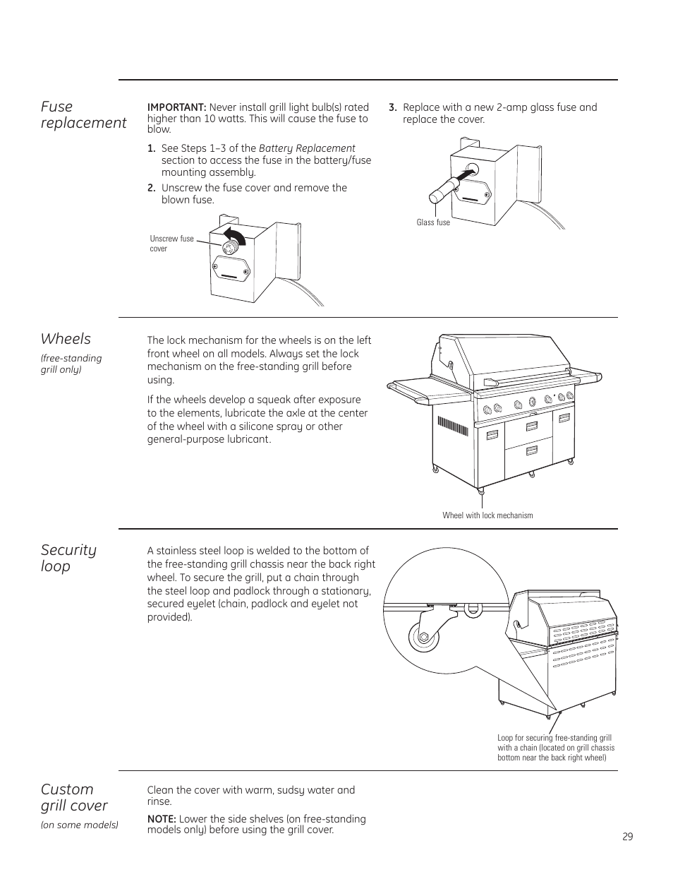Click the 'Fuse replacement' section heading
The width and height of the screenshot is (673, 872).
tap(83, 114)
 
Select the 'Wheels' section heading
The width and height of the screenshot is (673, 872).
tap(66, 338)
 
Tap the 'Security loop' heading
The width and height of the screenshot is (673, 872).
tap(68, 558)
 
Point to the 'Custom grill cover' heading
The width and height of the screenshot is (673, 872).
tap(74, 797)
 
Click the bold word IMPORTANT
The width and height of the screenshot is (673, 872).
tap(176, 107)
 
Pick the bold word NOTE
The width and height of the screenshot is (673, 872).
tap(162, 819)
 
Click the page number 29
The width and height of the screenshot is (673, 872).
tap(628, 837)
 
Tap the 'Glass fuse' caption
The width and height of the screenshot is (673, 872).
tap(433, 222)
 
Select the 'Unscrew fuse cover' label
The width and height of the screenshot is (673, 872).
tap(171, 244)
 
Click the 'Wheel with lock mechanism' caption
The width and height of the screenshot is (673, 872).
tap(487, 515)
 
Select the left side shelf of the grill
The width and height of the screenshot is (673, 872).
tap(419, 386)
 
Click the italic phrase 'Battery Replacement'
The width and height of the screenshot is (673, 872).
tap(307, 148)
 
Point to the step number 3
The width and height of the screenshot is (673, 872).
tap(392, 107)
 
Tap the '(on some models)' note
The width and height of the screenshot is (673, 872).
tap(79, 825)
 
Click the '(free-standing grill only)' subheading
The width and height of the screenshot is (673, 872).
tap(71, 364)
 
